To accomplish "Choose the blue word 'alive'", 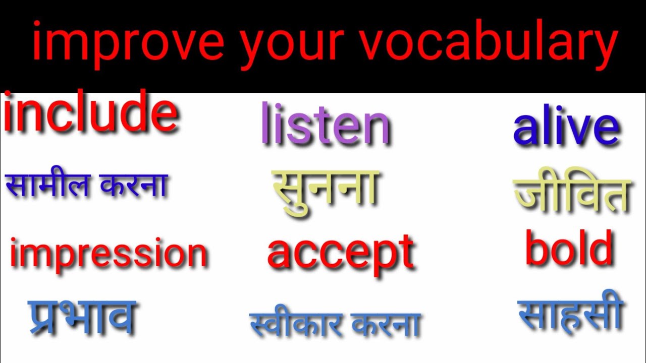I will tap(566, 128).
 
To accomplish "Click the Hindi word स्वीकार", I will tap(295, 324).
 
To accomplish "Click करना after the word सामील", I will tap(134, 185).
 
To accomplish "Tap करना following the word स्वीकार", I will tap(386, 325).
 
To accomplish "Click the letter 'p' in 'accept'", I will tap(384, 257).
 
